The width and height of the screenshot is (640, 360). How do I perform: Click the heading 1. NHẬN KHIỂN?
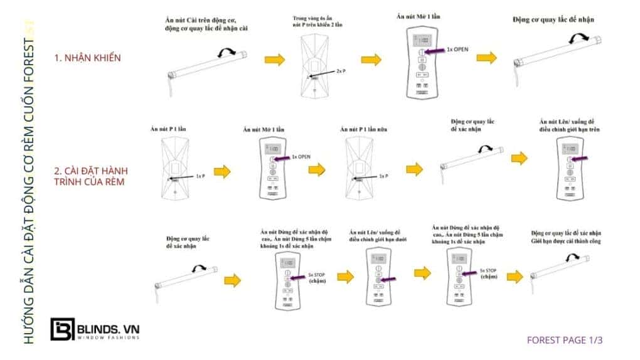pyautogui.click(x=88, y=57)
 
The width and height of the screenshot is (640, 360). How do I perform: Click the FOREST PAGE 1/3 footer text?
pyautogui.click(x=565, y=341)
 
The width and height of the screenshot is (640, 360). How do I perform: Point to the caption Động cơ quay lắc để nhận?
pyautogui.click(x=553, y=19)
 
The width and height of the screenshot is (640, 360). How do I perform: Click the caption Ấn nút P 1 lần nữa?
pyautogui.click(x=363, y=129)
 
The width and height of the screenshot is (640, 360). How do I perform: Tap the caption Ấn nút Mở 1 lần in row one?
pyautogui.click(x=419, y=16)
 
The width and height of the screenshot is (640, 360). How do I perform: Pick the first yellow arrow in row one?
pyautogui.click(x=274, y=59)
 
